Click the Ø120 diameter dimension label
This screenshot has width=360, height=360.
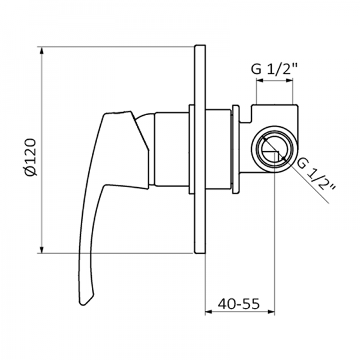32,157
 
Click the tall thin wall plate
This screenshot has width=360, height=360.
200,150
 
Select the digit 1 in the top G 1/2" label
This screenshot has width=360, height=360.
268,70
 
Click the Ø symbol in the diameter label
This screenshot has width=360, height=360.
32,171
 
